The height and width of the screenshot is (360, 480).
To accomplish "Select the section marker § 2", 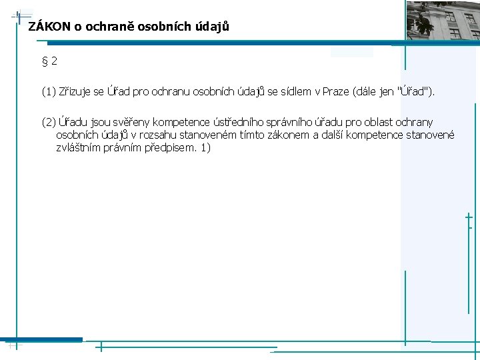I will coord(49,61).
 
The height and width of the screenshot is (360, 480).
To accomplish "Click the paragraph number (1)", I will coord(49,91).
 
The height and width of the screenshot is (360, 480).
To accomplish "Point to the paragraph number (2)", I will coord(49,122).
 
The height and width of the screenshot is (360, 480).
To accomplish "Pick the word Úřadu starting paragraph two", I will coord(75,122).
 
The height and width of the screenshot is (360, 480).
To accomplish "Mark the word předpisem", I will coord(170,147).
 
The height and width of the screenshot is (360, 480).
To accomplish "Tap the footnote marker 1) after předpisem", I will coord(205,147).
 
